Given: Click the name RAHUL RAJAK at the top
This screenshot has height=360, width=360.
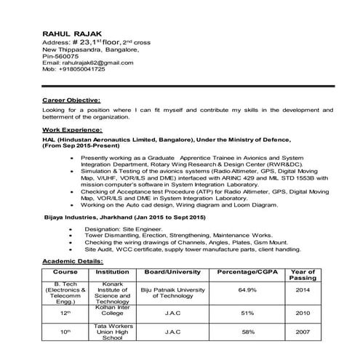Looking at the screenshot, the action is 73,33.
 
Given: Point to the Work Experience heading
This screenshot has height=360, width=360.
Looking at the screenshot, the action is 71,129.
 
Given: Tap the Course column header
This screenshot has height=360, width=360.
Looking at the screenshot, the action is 66,272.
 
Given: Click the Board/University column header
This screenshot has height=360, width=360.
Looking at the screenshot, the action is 173,272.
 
